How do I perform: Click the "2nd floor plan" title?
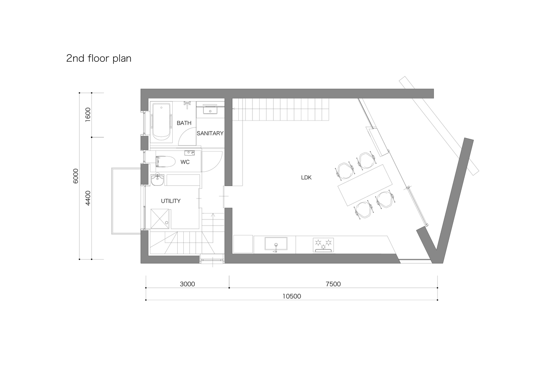pyautogui.click(x=99, y=58)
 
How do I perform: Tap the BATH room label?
pyautogui.click(x=184, y=123)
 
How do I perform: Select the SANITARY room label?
pyautogui.click(x=210, y=133)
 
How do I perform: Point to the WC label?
pyautogui.click(x=185, y=162)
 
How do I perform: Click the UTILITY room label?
pyautogui.click(x=170, y=201)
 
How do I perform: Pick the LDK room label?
pyautogui.click(x=306, y=178)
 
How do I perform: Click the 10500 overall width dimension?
pyautogui.click(x=292, y=296)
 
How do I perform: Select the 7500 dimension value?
pyautogui.click(x=333, y=284)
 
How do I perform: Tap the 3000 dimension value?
pyautogui.click(x=188, y=284)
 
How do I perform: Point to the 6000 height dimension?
pyautogui.click(x=76, y=176)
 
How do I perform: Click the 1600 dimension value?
pyautogui.click(x=88, y=114)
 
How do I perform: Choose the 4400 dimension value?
pyautogui.click(x=88, y=198)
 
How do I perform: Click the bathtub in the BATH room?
pyautogui.click(x=162, y=122)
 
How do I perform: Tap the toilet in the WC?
pyautogui.click(x=165, y=161)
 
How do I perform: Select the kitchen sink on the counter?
pyautogui.click(x=276, y=244)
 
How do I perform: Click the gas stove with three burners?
pyautogui.click(x=323, y=245)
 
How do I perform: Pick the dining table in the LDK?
pyautogui.click(x=365, y=185)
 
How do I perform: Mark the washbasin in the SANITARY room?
pyautogui.click(x=210, y=110)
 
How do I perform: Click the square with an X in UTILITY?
pyautogui.click(x=160, y=219)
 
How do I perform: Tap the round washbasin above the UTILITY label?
pyautogui.click(x=158, y=180)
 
